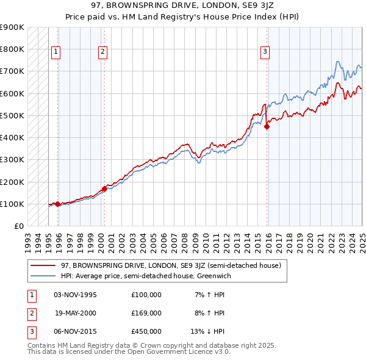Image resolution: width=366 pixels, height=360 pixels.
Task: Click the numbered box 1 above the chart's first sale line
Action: [x=56, y=52]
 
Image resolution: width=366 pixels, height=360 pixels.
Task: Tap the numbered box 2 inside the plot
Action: [x=102, y=52]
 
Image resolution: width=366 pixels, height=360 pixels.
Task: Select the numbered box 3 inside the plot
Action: [x=265, y=52]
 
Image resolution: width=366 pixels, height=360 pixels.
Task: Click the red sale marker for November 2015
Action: [x=267, y=127]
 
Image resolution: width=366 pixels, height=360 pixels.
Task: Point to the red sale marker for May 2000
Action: [x=104, y=189]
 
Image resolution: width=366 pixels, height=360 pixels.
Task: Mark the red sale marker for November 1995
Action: [x=57, y=204]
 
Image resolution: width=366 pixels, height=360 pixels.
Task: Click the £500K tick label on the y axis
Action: [x=12, y=115]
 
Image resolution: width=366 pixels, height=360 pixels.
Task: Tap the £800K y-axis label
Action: [x=12, y=49]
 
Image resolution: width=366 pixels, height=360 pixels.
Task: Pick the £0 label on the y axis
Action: [x=19, y=226]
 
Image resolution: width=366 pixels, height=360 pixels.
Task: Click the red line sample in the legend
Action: [x=43, y=266]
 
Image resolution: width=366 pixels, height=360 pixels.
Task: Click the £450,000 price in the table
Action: [x=146, y=331]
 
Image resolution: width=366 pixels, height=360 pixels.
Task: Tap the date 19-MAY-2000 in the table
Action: [x=76, y=313]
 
